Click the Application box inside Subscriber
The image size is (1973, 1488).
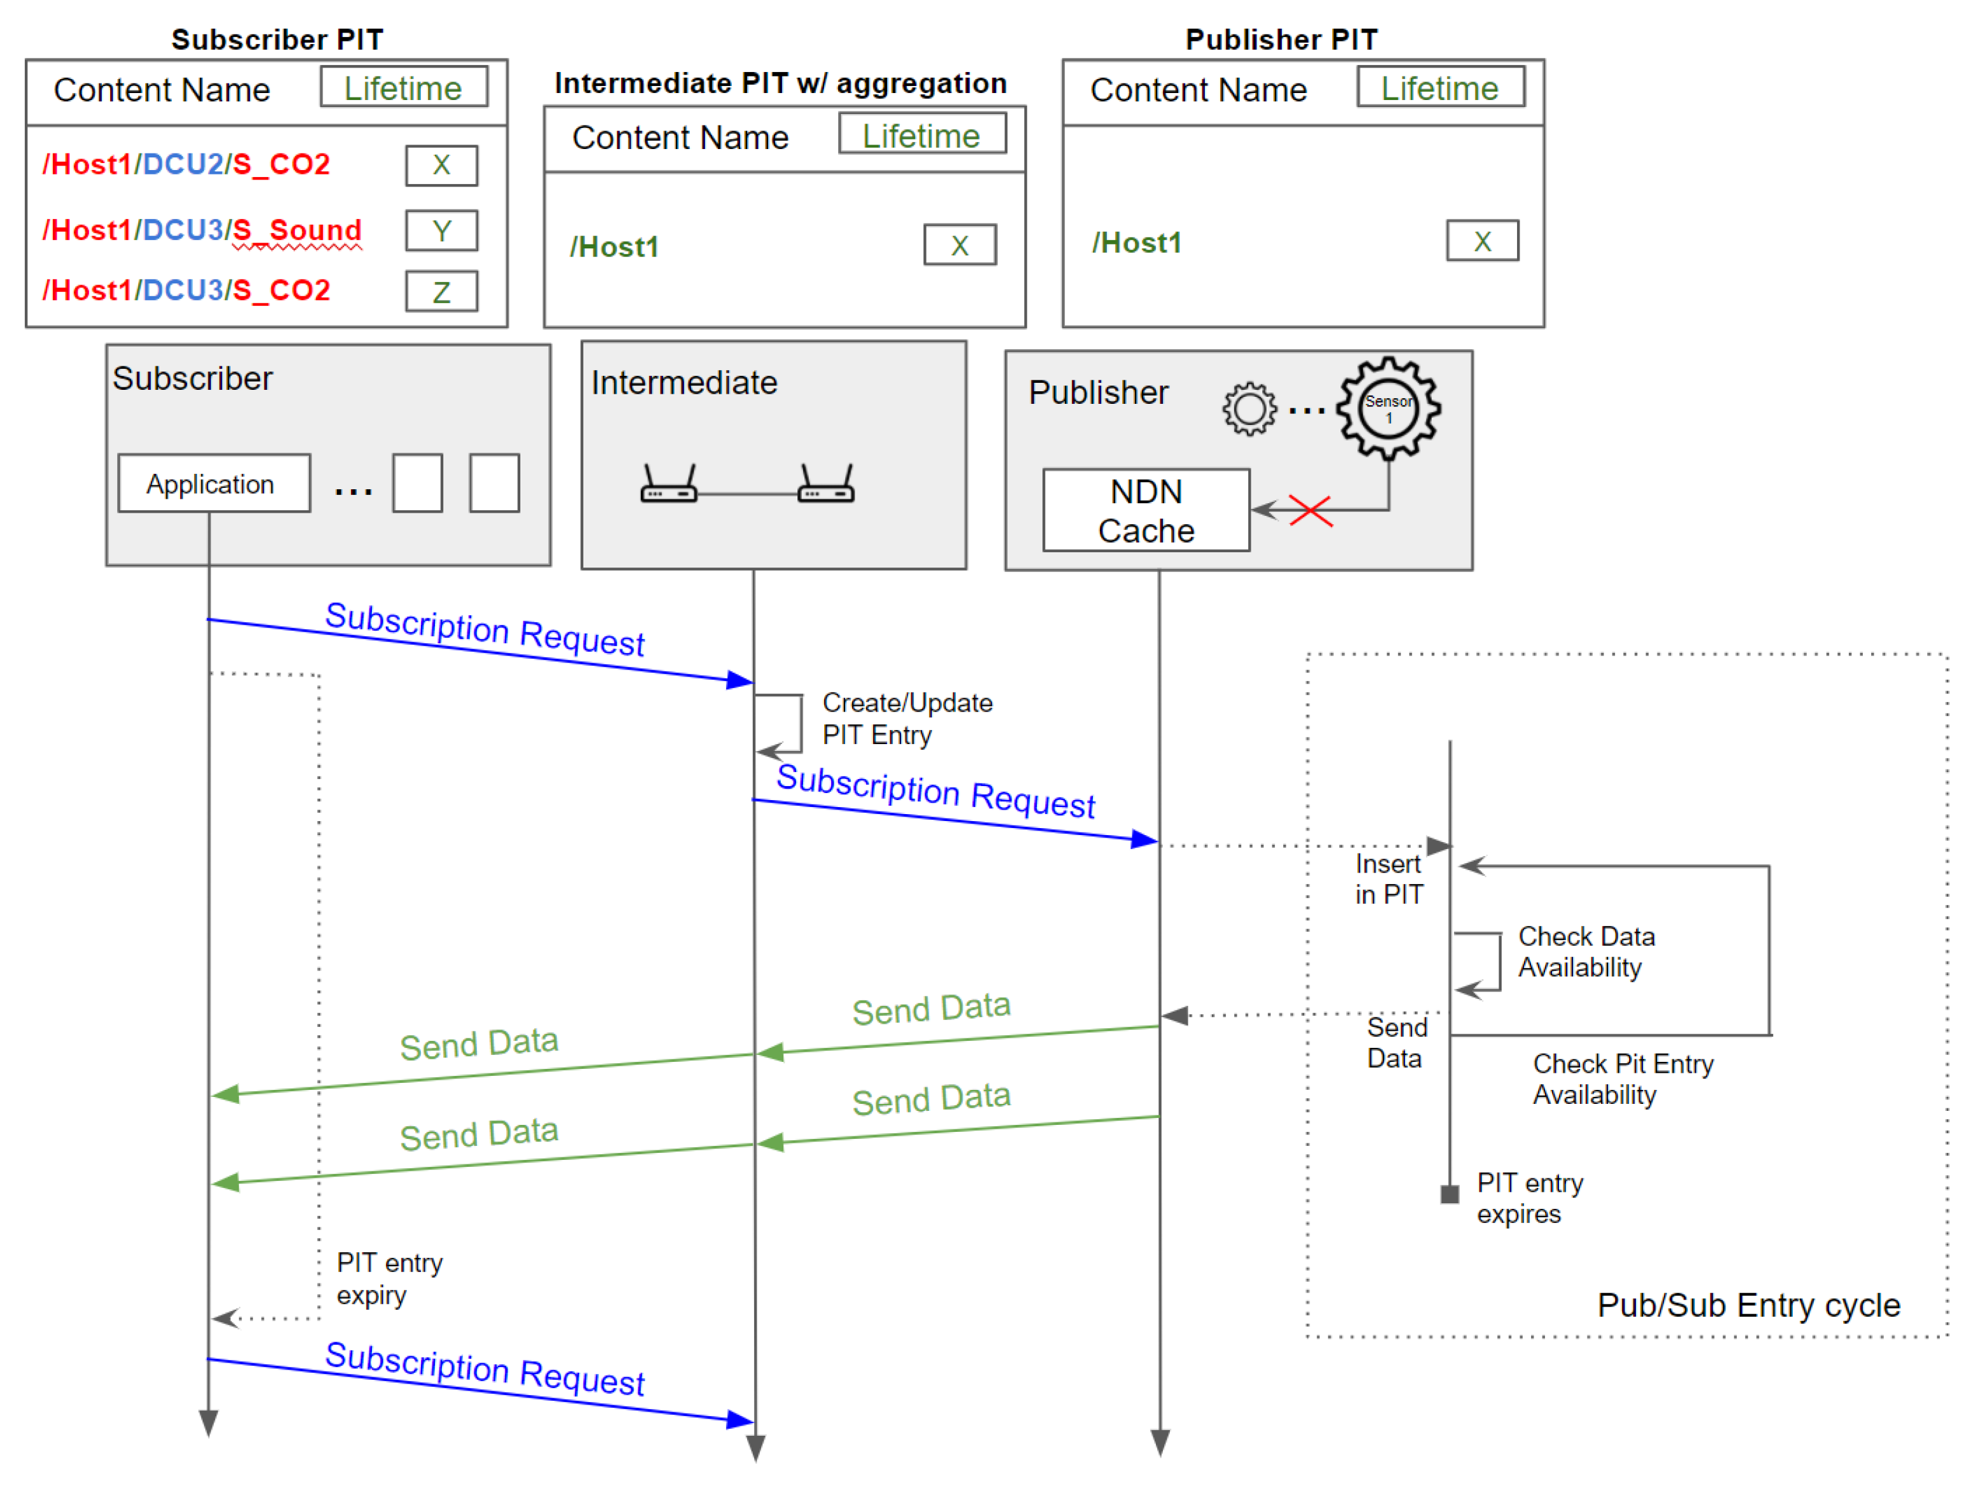point(214,484)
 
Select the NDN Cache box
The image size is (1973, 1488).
point(1147,511)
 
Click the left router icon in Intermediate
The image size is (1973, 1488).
point(669,483)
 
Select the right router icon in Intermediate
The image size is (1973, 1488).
point(826,483)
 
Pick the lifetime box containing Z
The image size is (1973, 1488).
point(441,292)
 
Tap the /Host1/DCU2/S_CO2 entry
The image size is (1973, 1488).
point(187,164)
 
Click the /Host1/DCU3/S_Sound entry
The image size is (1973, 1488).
point(202,230)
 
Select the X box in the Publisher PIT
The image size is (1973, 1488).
point(1483,241)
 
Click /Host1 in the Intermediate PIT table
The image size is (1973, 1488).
point(615,247)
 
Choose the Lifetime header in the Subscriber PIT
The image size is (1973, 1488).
point(404,87)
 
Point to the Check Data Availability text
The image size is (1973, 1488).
point(1587,952)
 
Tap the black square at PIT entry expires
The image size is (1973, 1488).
point(1450,1194)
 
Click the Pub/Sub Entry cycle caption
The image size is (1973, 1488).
point(1748,1305)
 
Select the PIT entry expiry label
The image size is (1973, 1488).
point(389,1278)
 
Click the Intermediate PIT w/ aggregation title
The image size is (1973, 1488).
point(780,83)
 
